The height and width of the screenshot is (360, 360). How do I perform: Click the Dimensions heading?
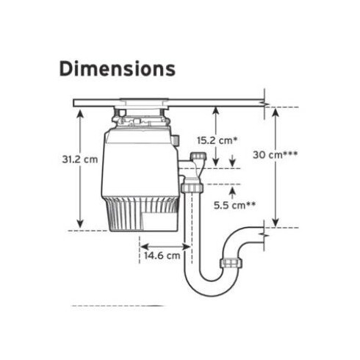(118, 69)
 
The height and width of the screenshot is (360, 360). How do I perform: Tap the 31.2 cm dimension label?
(80, 159)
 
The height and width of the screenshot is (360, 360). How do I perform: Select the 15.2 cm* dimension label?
(217, 140)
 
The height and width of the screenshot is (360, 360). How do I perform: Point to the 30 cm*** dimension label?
(275, 155)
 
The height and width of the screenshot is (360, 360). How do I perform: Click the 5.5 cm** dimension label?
(234, 205)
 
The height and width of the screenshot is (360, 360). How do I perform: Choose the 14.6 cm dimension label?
(162, 256)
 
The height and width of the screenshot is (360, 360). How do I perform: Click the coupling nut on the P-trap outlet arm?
(231, 263)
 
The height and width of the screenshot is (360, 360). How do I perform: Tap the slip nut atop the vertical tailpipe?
(192, 187)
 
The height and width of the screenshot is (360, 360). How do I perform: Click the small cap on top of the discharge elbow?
(198, 156)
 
